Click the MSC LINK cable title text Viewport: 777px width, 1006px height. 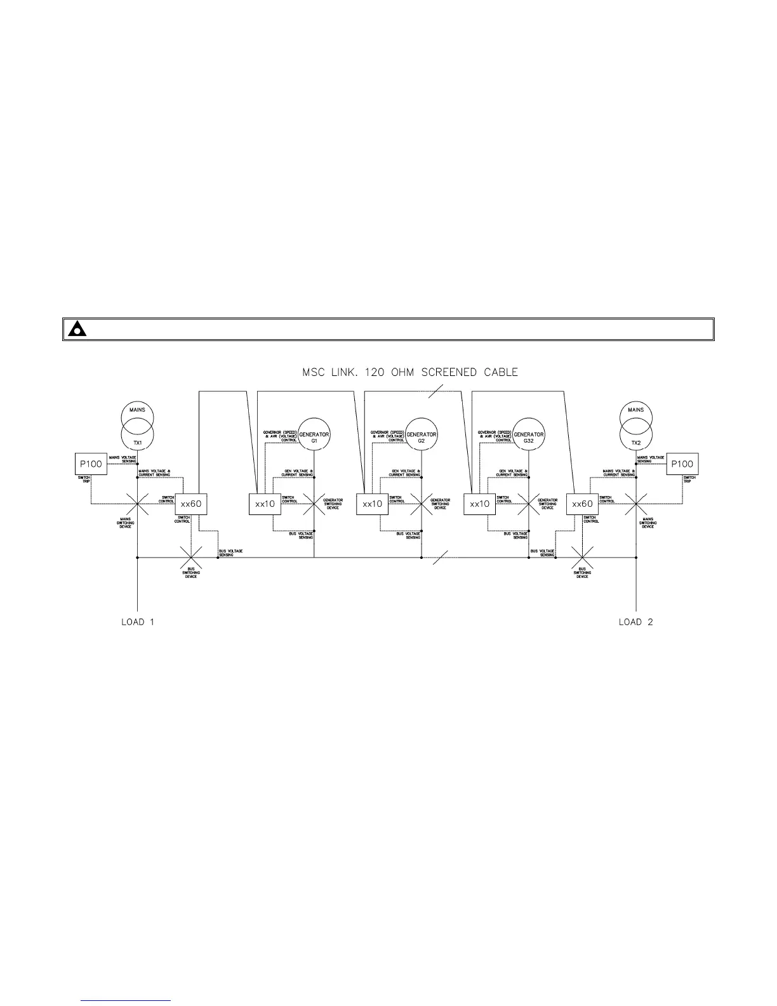[x=409, y=372]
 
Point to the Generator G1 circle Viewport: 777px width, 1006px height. [x=314, y=436]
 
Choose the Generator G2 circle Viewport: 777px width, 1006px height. [x=422, y=436]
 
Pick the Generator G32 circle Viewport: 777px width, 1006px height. [x=529, y=436]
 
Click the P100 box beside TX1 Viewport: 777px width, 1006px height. [x=90, y=464]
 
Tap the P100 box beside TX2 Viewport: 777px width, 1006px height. [x=682, y=464]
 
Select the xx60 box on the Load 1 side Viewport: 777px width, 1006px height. [x=190, y=504]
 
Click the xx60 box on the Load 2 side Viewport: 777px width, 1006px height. [x=582, y=504]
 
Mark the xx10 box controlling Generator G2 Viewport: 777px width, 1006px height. [x=372, y=504]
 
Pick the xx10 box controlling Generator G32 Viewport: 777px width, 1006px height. [x=479, y=504]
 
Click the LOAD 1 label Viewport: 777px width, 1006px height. [x=138, y=622]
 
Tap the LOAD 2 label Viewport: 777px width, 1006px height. [x=635, y=622]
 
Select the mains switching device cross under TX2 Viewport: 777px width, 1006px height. [x=635, y=504]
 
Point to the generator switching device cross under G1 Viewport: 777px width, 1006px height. [x=314, y=504]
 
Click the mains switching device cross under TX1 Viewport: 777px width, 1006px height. [x=137, y=504]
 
